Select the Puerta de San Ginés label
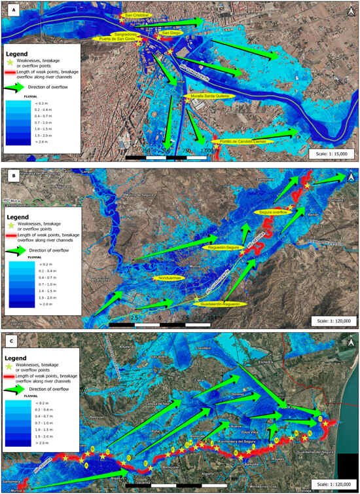(135, 39)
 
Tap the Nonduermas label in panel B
(169, 278)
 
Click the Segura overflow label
(274, 213)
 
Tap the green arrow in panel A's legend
(20, 86)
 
